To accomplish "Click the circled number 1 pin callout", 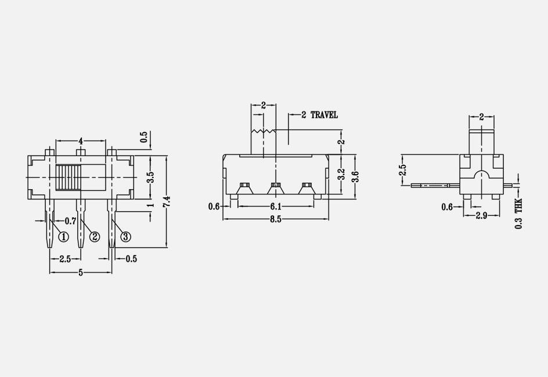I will coord(63,237).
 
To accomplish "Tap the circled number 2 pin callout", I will coord(94,237).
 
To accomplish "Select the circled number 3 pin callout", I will coord(125,236).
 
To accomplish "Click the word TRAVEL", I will coord(324,115).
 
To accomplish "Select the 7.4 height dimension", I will coord(167,202).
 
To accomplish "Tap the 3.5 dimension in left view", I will coord(150,177).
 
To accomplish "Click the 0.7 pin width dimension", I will coord(71,220).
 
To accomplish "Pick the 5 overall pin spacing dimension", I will coord(81,272).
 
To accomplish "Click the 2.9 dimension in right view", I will coord(481,216).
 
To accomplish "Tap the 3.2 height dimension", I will coord(341,175).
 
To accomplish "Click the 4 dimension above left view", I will coord(81,141).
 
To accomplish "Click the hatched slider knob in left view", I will coord(68,177).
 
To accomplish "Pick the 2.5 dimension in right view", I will coord(403,170).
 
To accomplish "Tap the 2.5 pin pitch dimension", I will coord(65,259).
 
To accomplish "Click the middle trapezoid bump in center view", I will coord(275,187).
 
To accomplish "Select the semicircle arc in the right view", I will coord(482,175).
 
